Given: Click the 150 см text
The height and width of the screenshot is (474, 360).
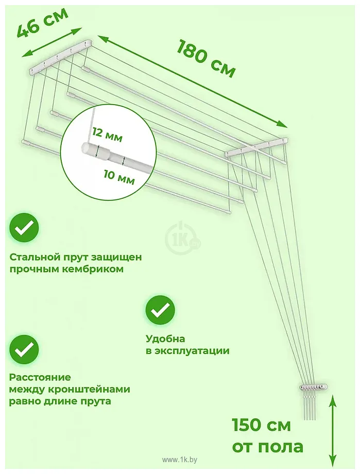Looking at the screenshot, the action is click(x=261, y=425).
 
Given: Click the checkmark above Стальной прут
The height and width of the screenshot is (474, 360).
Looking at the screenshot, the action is click(x=24, y=228).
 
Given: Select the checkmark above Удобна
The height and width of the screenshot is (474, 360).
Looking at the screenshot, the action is click(x=160, y=310).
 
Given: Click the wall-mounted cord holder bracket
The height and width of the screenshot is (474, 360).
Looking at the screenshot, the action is click(x=313, y=387).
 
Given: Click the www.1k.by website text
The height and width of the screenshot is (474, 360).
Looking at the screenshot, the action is click(x=180, y=460).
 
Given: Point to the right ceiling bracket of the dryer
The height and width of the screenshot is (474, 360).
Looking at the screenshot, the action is click(x=256, y=147).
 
